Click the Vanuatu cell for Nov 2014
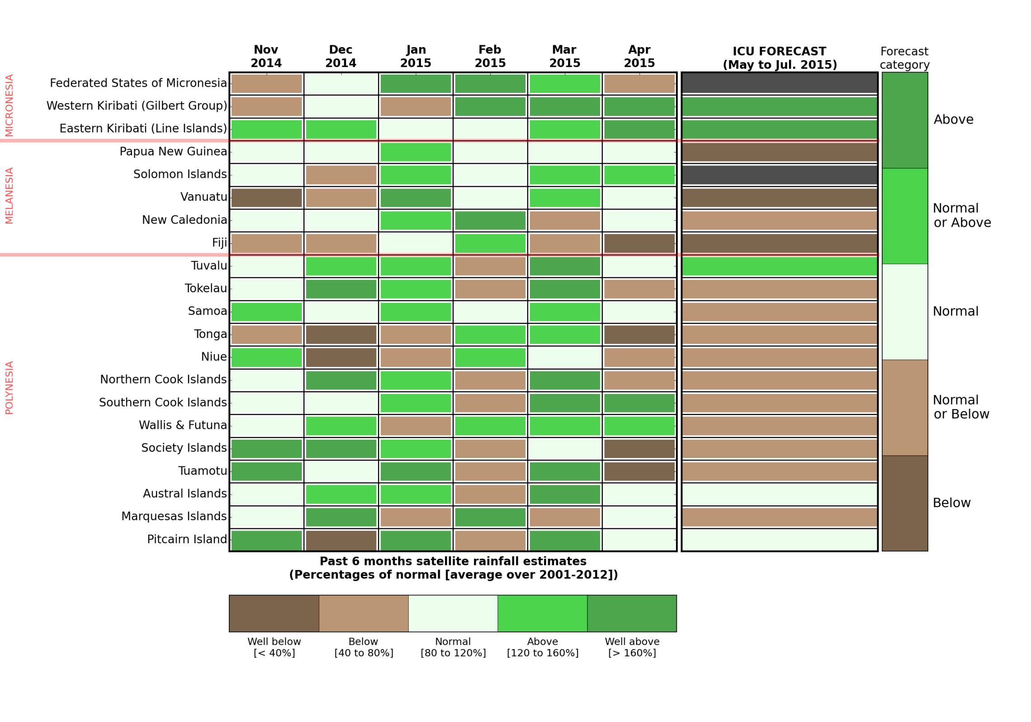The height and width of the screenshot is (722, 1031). coord(266,198)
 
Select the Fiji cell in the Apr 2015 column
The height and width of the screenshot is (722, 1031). coord(639,243)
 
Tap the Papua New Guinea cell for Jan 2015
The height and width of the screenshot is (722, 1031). coord(416,152)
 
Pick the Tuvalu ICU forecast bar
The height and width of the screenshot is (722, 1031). coord(779,266)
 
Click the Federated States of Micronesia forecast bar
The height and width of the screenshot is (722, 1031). coord(779,83)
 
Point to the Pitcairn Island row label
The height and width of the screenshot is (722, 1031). coord(187,539)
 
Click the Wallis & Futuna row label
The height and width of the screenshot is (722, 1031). coord(183,425)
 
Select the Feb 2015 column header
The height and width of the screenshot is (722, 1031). coord(490,56)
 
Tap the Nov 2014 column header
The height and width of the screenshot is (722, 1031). coord(266,56)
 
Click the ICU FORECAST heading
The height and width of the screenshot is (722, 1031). coord(780,58)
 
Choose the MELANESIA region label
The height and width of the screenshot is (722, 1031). coord(9,195)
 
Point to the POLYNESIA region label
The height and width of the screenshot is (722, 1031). coord(9,387)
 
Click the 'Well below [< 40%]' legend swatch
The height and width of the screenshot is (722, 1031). coord(274,613)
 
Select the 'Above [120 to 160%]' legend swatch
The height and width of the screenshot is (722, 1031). coord(542,613)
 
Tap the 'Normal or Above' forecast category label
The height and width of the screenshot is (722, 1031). coord(961,215)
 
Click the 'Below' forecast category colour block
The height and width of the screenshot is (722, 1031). coord(904,503)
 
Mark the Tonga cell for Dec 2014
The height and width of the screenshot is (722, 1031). coord(341,335)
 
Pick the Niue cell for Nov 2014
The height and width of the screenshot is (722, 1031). coord(266,357)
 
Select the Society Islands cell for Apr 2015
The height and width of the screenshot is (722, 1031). coord(639,449)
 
